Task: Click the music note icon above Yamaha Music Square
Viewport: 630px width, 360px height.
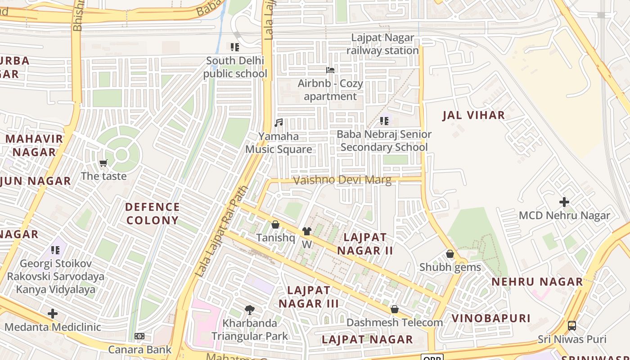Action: point(279,122)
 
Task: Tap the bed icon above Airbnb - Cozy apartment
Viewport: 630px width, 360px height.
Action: point(330,70)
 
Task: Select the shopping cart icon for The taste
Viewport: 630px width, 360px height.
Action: point(103,163)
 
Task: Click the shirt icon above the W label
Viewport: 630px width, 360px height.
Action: point(307,231)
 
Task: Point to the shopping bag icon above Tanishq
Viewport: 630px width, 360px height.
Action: point(275,225)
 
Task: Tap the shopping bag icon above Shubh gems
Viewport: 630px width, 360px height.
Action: point(450,254)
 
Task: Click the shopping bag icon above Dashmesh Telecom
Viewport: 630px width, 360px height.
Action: point(395,309)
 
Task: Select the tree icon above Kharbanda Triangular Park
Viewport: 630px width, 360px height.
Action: point(249,310)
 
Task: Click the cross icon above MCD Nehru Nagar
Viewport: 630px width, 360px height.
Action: point(564,202)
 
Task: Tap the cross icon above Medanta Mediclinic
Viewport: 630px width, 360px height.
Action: point(53,313)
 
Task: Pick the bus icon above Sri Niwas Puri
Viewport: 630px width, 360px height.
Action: point(571,325)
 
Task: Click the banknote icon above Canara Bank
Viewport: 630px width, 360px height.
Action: point(139,336)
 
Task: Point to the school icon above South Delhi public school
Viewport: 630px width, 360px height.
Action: point(234,47)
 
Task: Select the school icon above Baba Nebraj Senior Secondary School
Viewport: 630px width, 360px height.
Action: point(384,121)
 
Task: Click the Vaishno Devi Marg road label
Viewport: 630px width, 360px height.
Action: point(342,180)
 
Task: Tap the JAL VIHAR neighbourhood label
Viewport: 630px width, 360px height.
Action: point(473,115)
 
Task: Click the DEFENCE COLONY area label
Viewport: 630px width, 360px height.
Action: point(153,213)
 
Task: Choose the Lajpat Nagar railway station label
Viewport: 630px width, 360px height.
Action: point(382,44)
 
